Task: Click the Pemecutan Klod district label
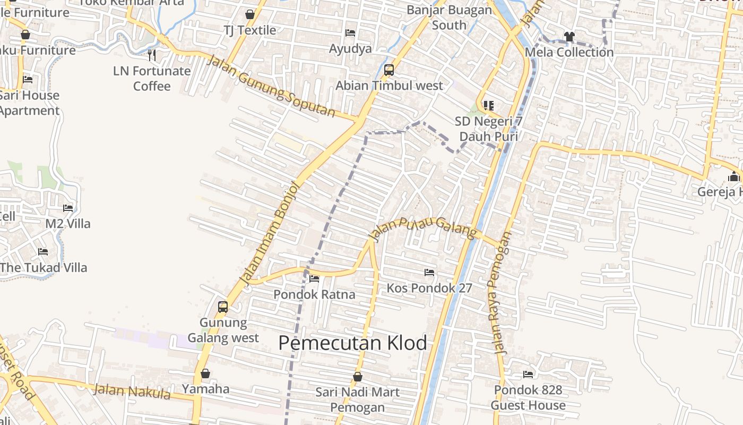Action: click(x=352, y=343)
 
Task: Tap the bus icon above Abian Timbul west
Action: click(x=389, y=70)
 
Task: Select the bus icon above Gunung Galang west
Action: click(x=223, y=307)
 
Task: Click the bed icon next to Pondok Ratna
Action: click(x=314, y=279)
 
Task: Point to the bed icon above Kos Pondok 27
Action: click(x=429, y=273)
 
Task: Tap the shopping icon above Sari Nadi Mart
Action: click(x=358, y=377)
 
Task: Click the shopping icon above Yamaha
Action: click(x=205, y=373)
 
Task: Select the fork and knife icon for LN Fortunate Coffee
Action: click(x=152, y=55)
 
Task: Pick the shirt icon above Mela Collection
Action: click(x=569, y=37)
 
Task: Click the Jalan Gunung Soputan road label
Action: click(x=271, y=86)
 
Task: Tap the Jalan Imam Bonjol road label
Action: click(x=271, y=233)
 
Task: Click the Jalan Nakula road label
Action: click(x=132, y=392)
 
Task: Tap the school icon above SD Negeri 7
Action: click(x=488, y=106)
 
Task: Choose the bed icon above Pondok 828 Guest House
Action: click(x=528, y=375)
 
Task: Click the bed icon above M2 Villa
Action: click(x=68, y=208)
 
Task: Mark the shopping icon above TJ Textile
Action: click(x=250, y=14)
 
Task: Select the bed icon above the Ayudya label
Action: click(x=350, y=33)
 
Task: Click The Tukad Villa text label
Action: click(x=44, y=267)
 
